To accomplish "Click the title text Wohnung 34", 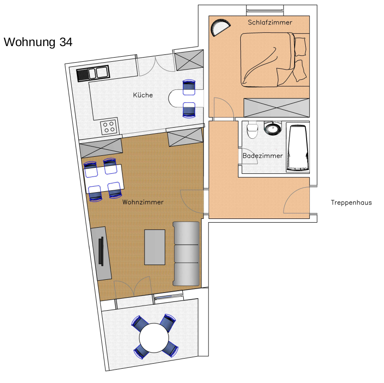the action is pyautogui.click(x=38, y=42).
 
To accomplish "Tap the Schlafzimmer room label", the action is pyautogui.click(x=270, y=23).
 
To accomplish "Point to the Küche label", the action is pyautogui.click(x=143, y=95).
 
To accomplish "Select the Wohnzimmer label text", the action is pyautogui.click(x=143, y=202).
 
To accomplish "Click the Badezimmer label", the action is pyautogui.click(x=262, y=156).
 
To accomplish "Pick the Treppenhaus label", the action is pyautogui.click(x=351, y=202).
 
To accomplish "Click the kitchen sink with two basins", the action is pyautogui.click(x=93, y=73).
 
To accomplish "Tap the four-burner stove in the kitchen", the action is pyautogui.click(x=110, y=127).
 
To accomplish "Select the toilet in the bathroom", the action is pyautogui.click(x=252, y=130).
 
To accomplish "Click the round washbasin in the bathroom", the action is pyautogui.click(x=273, y=128).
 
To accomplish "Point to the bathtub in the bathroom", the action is pyautogui.click(x=297, y=148).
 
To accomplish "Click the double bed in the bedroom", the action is pyautogui.click(x=275, y=59).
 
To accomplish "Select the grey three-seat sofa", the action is pyautogui.click(x=186, y=253).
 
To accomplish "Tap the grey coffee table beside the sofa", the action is pyautogui.click(x=155, y=247).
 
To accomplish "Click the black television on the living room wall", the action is pyautogui.click(x=101, y=251).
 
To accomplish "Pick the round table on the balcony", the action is pyautogui.click(x=154, y=338).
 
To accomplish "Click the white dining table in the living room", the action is pyautogui.click(x=104, y=179).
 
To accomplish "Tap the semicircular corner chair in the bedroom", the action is pyautogui.click(x=220, y=27).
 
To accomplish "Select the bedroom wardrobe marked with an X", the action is pyautogui.click(x=277, y=108).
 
